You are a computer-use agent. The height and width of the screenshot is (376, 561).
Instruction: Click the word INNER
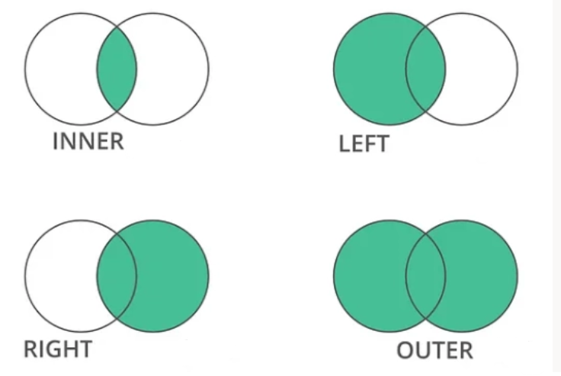tap(88, 141)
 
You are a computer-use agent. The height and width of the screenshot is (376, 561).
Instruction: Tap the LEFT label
tap(364, 144)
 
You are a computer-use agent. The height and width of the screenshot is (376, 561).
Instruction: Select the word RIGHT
tap(58, 349)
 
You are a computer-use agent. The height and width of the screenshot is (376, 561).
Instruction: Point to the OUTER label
tap(435, 350)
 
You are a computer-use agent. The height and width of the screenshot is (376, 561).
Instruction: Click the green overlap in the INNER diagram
tap(117, 69)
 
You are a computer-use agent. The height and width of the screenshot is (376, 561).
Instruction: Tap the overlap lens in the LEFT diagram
tap(425, 69)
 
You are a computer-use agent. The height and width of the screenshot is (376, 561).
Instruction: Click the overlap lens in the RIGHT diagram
tap(117, 276)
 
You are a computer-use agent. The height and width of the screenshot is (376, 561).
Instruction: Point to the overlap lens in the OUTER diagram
tap(425, 276)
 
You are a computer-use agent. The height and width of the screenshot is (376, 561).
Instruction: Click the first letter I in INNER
tap(55, 141)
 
